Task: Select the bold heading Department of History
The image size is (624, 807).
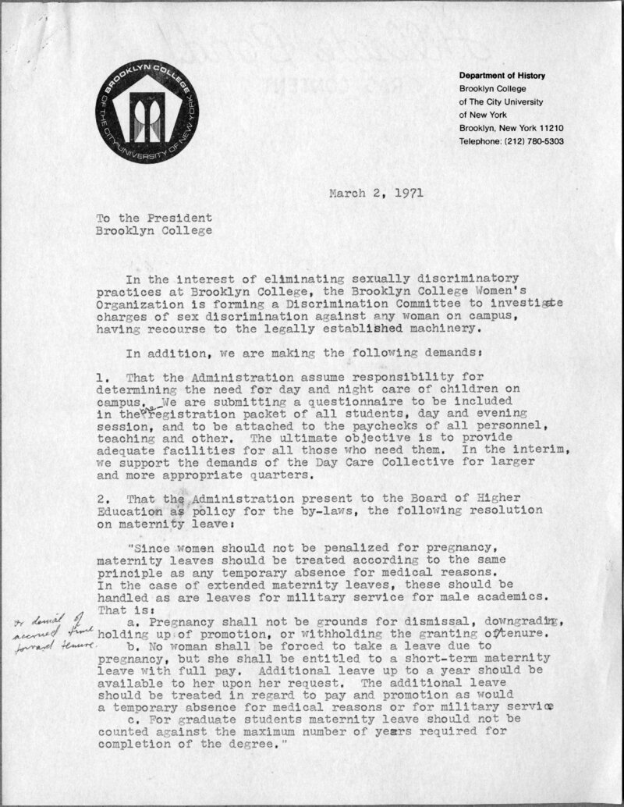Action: pyautogui.click(x=502, y=76)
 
